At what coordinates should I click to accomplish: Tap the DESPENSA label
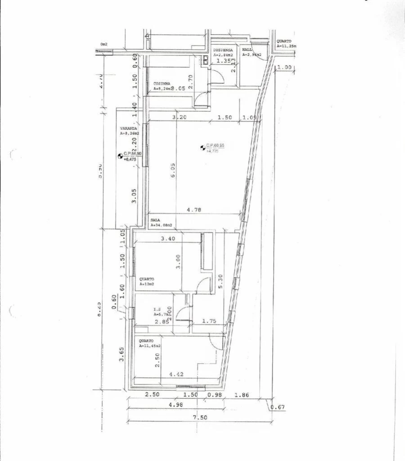(223, 50)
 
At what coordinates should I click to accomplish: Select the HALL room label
(247, 50)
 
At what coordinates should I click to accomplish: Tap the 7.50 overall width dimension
(200, 417)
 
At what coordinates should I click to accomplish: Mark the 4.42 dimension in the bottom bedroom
(176, 374)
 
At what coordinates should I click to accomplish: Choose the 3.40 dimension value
(168, 238)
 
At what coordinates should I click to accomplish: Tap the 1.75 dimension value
(210, 321)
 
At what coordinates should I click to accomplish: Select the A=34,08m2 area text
(162, 224)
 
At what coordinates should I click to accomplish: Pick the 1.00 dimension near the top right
(285, 68)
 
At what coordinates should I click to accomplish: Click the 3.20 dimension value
(180, 117)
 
